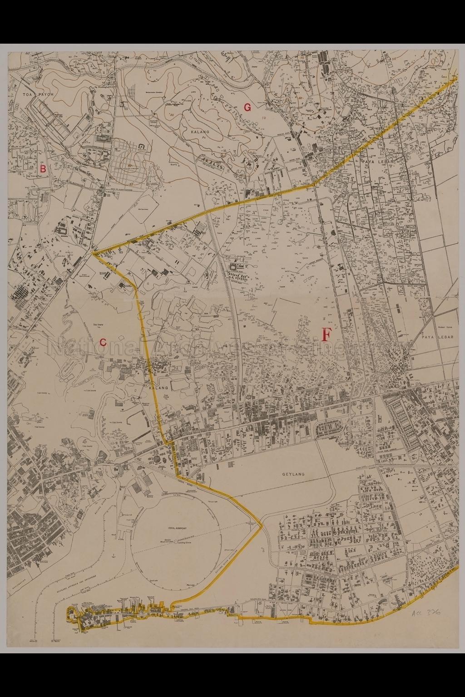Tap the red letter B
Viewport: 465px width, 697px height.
click(x=43, y=168)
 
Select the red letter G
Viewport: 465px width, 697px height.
click(x=247, y=108)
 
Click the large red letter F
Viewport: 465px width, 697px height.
click(x=326, y=334)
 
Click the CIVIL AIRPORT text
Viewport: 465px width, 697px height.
click(x=178, y=528)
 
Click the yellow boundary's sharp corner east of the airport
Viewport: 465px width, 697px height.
click(x=262, y=526)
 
